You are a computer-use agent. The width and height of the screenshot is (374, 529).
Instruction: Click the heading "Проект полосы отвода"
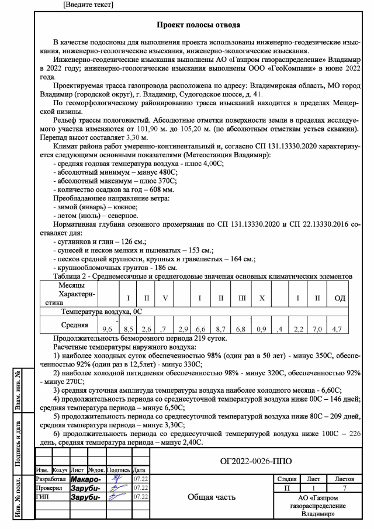click(199, 25)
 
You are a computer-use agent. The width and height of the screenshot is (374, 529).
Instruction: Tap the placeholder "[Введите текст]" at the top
click(88, 5)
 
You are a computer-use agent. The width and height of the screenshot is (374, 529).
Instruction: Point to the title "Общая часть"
click(212, 497)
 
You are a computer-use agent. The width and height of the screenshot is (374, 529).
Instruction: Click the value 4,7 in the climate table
click(337, 330)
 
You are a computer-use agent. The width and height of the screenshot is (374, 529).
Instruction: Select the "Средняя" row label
click(75, 325)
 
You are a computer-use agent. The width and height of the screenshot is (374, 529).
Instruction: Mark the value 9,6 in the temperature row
click(108, 330)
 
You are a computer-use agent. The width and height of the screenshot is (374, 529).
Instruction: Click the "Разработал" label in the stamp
click(51, 479)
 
